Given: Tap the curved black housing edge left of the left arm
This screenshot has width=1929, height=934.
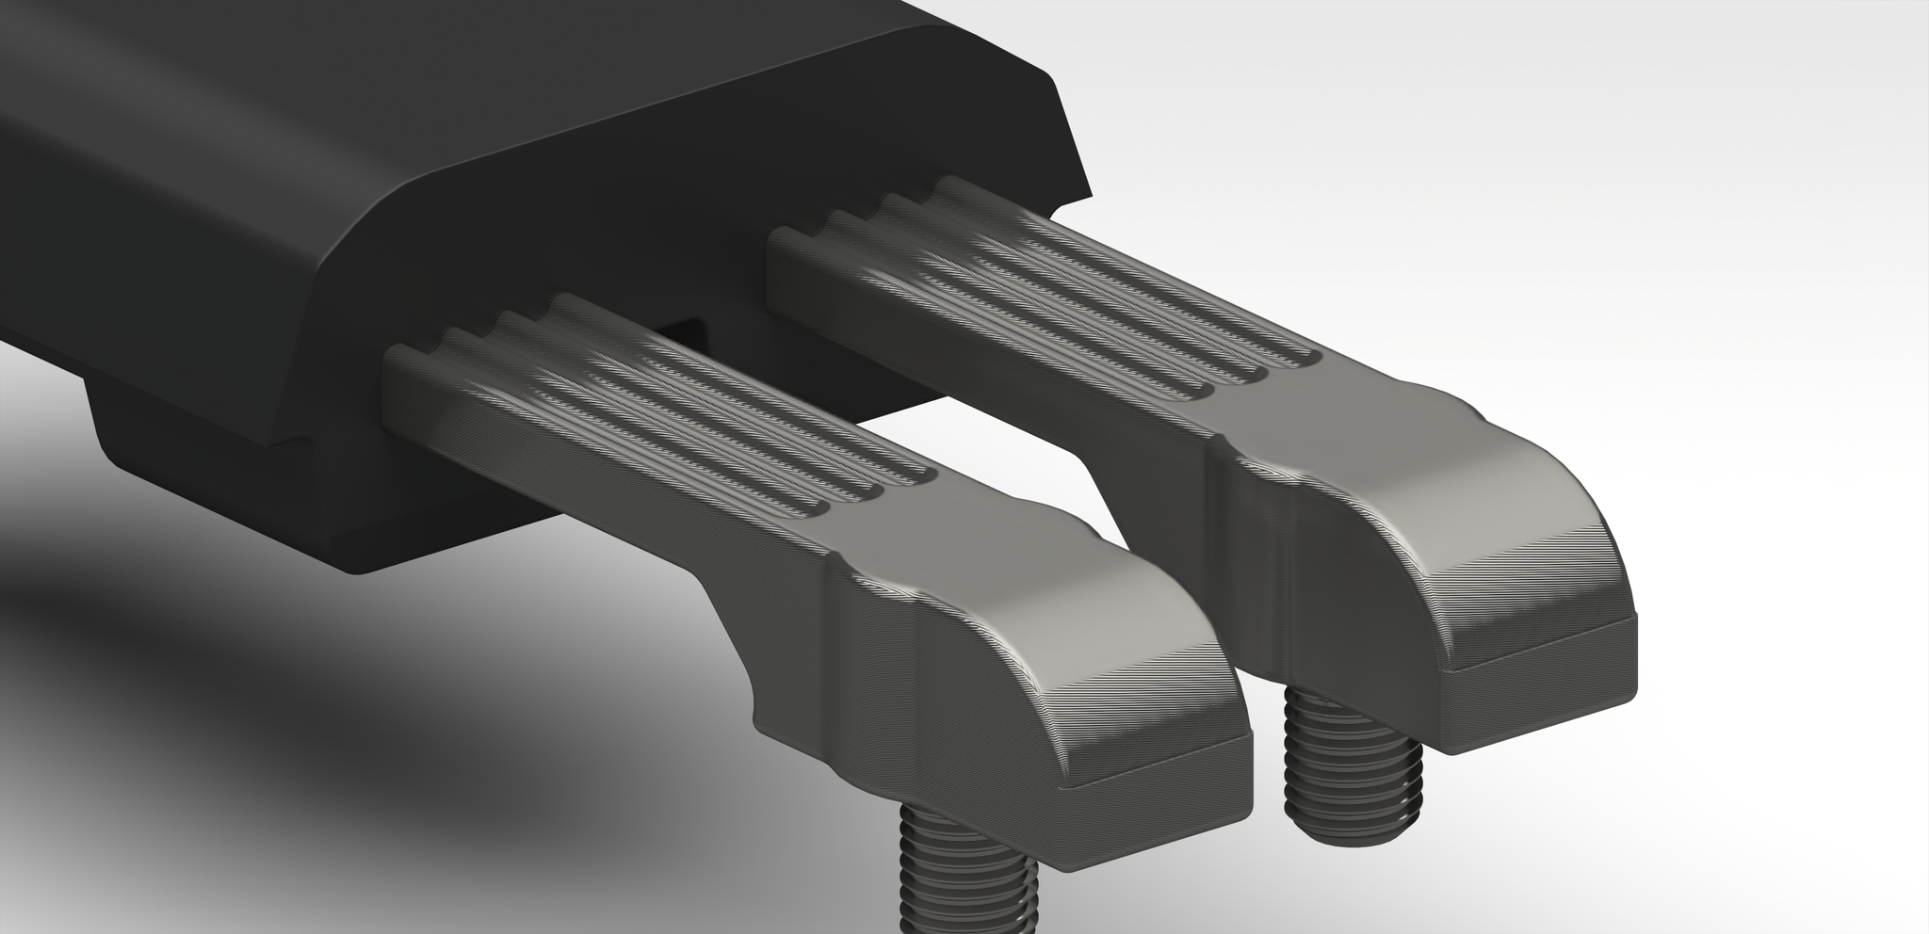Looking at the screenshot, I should [349, 282].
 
